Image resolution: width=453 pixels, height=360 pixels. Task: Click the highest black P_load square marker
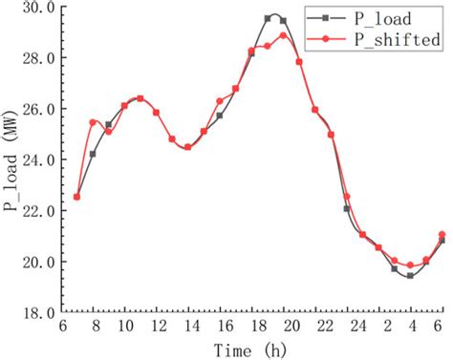(269, 18)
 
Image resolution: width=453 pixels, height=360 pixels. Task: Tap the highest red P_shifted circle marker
(284, 36)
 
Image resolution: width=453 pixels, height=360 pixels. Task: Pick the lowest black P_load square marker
(410, 275)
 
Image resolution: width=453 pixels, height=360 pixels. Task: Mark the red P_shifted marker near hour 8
(94, 122)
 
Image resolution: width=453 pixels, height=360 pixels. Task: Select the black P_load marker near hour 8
(94, 154)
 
